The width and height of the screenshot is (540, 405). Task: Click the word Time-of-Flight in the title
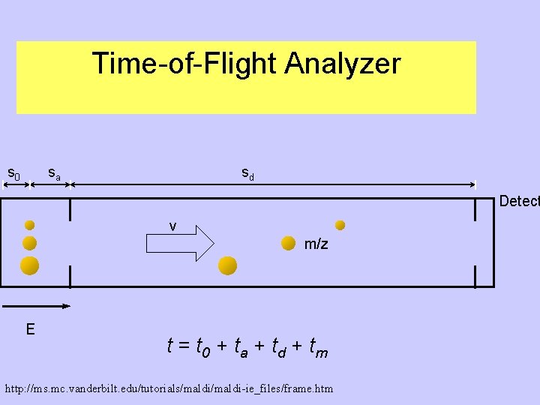184,64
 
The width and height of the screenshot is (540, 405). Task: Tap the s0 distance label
13,174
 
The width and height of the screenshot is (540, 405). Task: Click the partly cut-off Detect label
519,201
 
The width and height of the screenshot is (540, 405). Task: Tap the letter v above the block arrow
173,226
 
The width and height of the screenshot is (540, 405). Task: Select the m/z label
316,244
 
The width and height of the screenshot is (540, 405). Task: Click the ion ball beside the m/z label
287,242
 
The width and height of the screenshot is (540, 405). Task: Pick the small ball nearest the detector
340,224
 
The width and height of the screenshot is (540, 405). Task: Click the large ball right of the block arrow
227,265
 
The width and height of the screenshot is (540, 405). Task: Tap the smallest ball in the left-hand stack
30,224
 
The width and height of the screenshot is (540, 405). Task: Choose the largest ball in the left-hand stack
30,265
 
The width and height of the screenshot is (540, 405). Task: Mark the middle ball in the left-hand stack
30,243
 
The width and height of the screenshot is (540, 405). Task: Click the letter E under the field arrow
30,328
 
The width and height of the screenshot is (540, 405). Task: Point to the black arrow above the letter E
37,306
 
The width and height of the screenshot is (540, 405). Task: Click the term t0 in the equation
202,347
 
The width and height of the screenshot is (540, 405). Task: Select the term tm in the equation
319,347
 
